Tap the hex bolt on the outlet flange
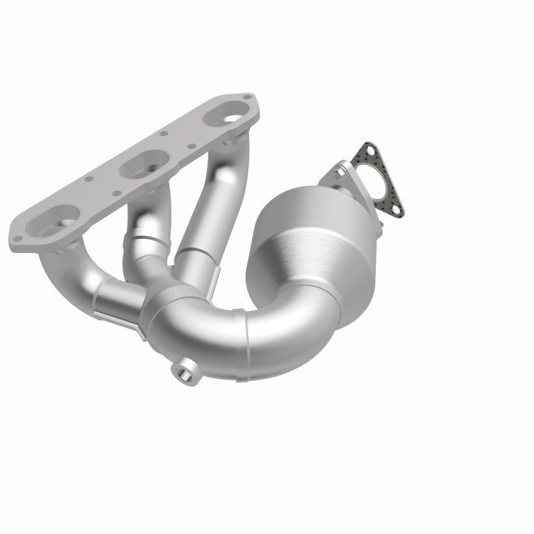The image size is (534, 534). pyautogui.click(x=342, y=172)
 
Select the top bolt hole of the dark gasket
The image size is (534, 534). pyautogui.click(x=365, y=148)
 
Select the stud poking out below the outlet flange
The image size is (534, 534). pyautogui.click(x=377, y=230)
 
